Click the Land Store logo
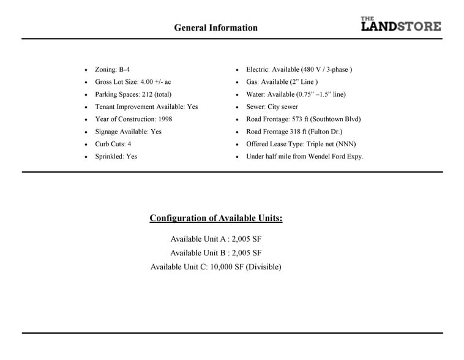pos(400,24)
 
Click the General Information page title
pos(215,28)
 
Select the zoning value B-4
pos(124,70)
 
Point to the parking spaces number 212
pos(147,94)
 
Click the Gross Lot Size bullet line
pos(133,82)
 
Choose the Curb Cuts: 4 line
pos(113,144)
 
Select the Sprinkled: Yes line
pos(116,157)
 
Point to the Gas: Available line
pos(282,82)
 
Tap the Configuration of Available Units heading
pos(216,219)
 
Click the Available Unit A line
pos(216,239)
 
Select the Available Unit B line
pos(216,253)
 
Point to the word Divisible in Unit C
pos(263,267)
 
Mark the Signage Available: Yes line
pos(128,132)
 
